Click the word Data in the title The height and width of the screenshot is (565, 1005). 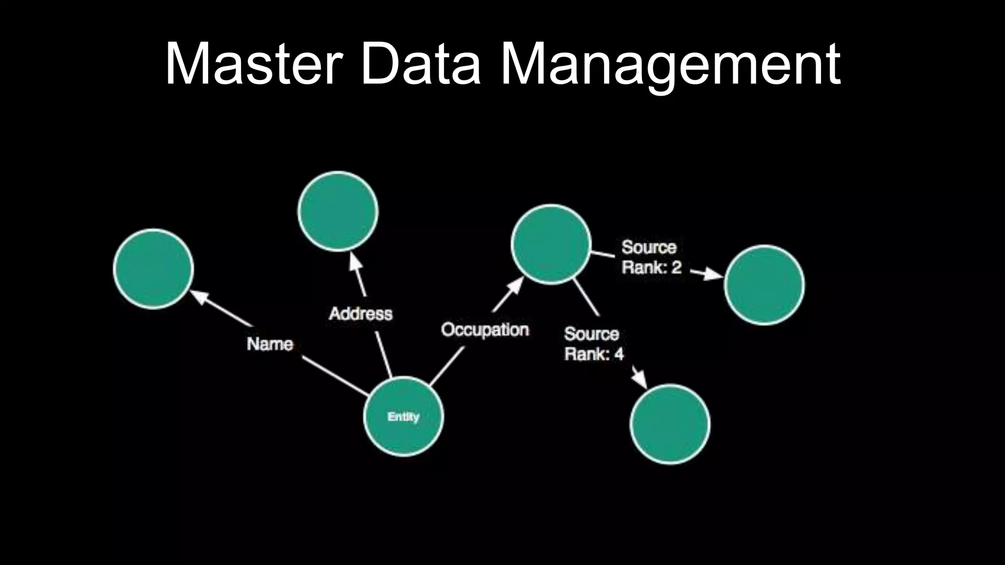(x=420, y=65)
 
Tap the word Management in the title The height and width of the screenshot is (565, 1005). (x=670, y=65)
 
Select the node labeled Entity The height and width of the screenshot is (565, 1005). (x=403, y=416)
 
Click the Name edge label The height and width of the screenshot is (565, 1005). (x=270, y=344)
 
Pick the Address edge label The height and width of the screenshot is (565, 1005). (x=361, y=313)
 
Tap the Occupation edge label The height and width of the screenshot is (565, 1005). (x=485, y=330)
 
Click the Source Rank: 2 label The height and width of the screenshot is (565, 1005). (x=651, y=257)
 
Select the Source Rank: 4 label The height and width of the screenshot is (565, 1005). (x=593, y=344)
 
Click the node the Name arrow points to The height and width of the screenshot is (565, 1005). (x=154, y=269)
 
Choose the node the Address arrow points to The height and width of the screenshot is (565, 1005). (x=338, y=211)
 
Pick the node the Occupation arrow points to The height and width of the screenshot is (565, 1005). (x=551, y=244)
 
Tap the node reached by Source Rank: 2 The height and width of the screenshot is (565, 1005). (x=764, y=285)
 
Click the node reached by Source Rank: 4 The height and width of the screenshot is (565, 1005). (x=670, y=424)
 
